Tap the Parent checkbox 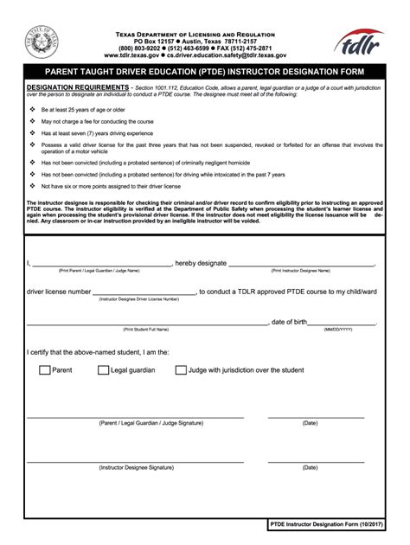pos(45,370)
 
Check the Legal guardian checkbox pos(103,370)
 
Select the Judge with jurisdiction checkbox pos(181,370)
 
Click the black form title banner pos(205,71)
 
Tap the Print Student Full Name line pos(145,324)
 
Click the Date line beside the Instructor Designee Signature pos(310,461)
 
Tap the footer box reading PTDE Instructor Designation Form pos(324,526)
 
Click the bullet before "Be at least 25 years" pos(33,111)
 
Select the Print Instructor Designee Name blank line pos(302,266)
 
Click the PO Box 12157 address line pos(205,41)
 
